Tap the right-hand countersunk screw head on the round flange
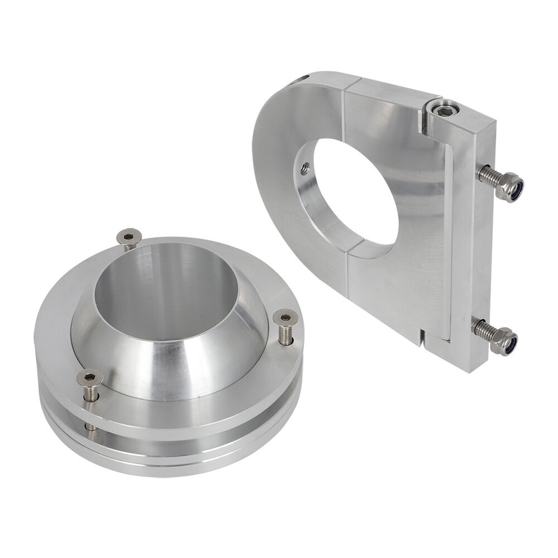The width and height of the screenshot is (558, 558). (285, 318)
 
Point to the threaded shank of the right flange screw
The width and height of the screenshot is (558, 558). (285, 335)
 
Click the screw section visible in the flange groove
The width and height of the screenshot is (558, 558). (90, 427)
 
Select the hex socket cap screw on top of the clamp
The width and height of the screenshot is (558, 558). (445, 109)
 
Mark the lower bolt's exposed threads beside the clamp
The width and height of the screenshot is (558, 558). (484, 330)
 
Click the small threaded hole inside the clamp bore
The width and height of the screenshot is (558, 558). (305, 166)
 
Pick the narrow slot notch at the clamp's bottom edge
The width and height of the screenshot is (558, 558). (423, 336)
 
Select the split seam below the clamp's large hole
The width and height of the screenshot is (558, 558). (347, 273)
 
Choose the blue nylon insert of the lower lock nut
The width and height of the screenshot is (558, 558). (512, 344)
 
